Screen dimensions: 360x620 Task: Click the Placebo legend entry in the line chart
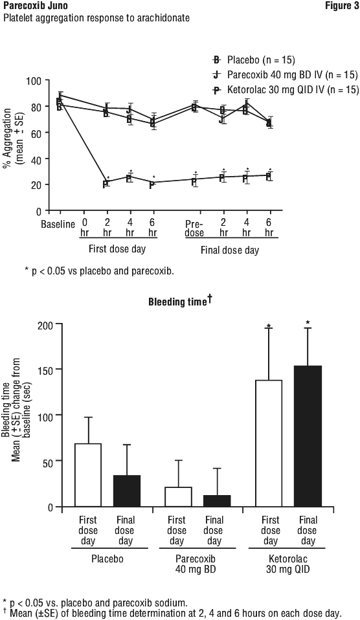click(254, 60)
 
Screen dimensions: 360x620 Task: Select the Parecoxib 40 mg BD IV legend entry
click(285, 74)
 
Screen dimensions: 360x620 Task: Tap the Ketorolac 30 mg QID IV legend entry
click(286, 90)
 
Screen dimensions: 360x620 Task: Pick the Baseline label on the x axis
click(58, 225)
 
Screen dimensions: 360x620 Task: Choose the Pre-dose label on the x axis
click(194, 228)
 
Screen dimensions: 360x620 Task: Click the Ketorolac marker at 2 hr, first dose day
click(106, 184)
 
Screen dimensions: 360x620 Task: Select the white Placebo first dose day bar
click(88, 475)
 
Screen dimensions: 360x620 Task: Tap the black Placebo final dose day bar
click(127, 491)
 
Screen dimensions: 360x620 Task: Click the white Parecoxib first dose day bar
click(179, 497)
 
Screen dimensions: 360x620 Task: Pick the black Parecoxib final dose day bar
click(217, 501)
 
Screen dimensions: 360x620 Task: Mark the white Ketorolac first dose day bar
click(269, 443)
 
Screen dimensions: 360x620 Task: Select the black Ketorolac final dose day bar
click(308, 436)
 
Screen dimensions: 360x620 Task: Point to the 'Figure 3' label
click(342, 6)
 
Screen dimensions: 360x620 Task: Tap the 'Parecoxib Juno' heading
click(30, 6)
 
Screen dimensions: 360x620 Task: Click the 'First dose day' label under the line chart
click(117, 249)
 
